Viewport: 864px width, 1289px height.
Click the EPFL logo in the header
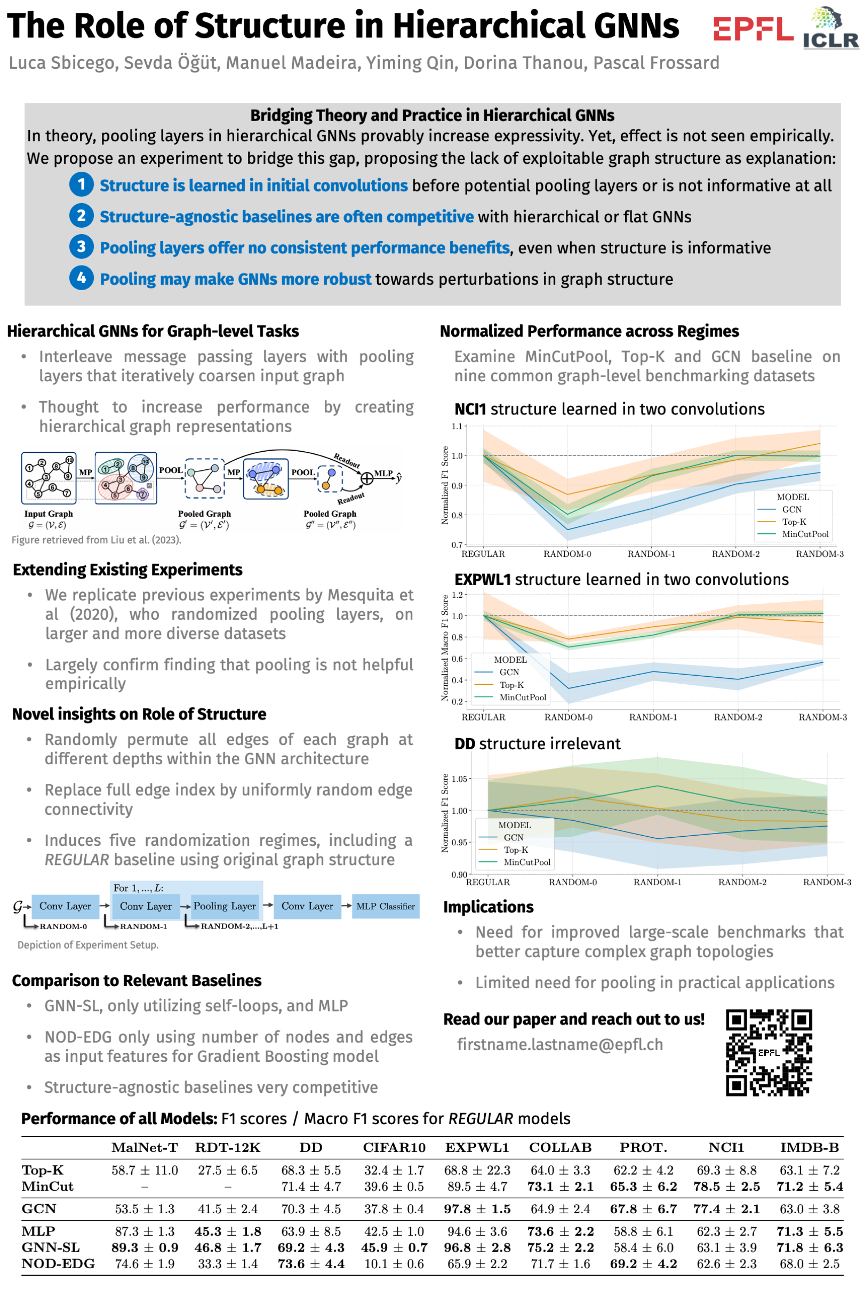coord(753,29)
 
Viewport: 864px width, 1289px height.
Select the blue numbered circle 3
coord(81,246)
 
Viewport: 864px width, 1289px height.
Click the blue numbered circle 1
coord(81,184)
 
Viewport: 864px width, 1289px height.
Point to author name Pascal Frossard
coord(655,63)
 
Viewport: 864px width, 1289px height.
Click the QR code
coord(769,1052)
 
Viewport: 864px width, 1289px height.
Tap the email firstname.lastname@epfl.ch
coord(560,1044)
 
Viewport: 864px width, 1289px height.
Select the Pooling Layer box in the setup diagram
coord(224,906)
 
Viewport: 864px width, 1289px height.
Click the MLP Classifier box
coord(385,906)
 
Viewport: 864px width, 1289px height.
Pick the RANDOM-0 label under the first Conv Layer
coord(63,926)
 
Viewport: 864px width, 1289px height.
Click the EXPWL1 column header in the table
coord(477,1148)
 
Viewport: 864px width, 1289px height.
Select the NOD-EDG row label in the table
coord(58,1263)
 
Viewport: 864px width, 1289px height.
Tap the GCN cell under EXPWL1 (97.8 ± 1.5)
coord(477,1209)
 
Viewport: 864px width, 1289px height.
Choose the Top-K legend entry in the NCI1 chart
coord(794,522)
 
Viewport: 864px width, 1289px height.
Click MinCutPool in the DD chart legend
coord(527,862)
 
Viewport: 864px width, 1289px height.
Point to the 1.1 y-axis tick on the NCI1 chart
coord(457,426)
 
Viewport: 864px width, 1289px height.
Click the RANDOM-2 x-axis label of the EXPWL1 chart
coord(738,717)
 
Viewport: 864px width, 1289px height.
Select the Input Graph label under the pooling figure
coord(49,514)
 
